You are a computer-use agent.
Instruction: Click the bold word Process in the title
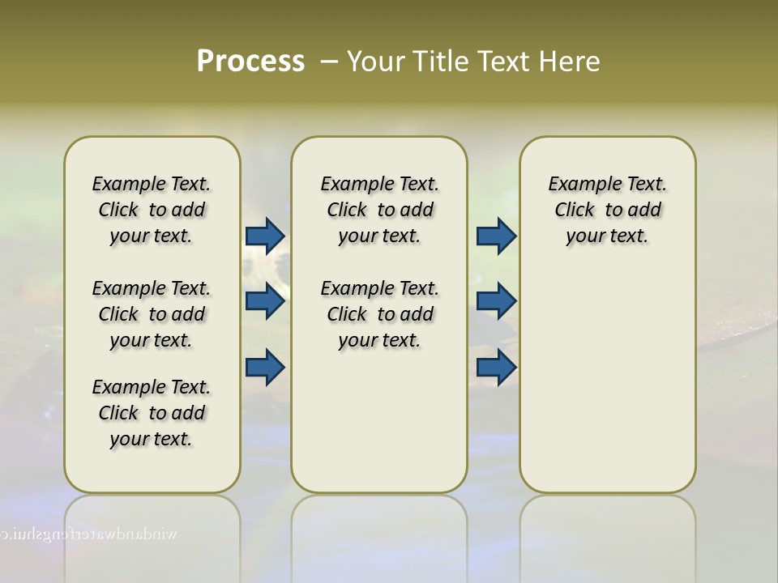[250, 61]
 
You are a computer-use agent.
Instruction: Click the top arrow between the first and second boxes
[265, 236]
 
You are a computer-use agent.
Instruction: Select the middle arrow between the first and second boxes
[265, 301]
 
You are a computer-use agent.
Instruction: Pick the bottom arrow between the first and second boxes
[265, 368]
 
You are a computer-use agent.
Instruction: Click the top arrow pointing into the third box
[496, 236]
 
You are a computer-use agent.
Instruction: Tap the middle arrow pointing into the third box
[496, 301]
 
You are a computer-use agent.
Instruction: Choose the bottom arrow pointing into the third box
[496, 368]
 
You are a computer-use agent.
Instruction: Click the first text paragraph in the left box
[152, 210]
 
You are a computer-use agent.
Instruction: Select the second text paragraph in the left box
[152, 314]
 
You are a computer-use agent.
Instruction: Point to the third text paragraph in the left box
[152, 413]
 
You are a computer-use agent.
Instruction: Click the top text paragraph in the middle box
[379, 210]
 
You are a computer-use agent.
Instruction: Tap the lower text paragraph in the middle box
[379, 314]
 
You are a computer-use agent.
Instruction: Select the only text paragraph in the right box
[607, 210]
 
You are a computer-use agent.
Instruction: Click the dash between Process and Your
[329, 62]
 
